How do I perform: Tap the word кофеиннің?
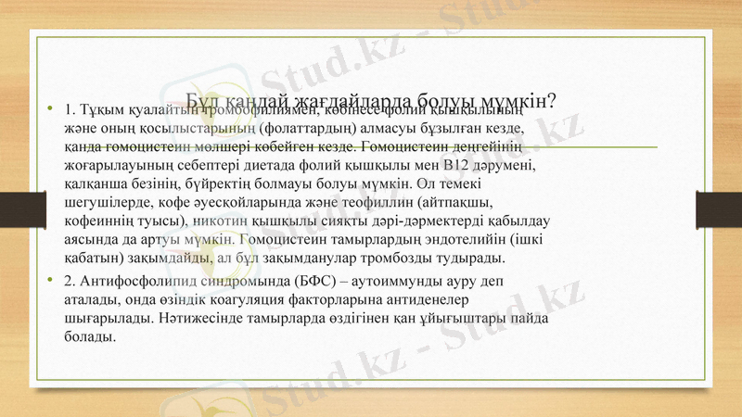[100, 222]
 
